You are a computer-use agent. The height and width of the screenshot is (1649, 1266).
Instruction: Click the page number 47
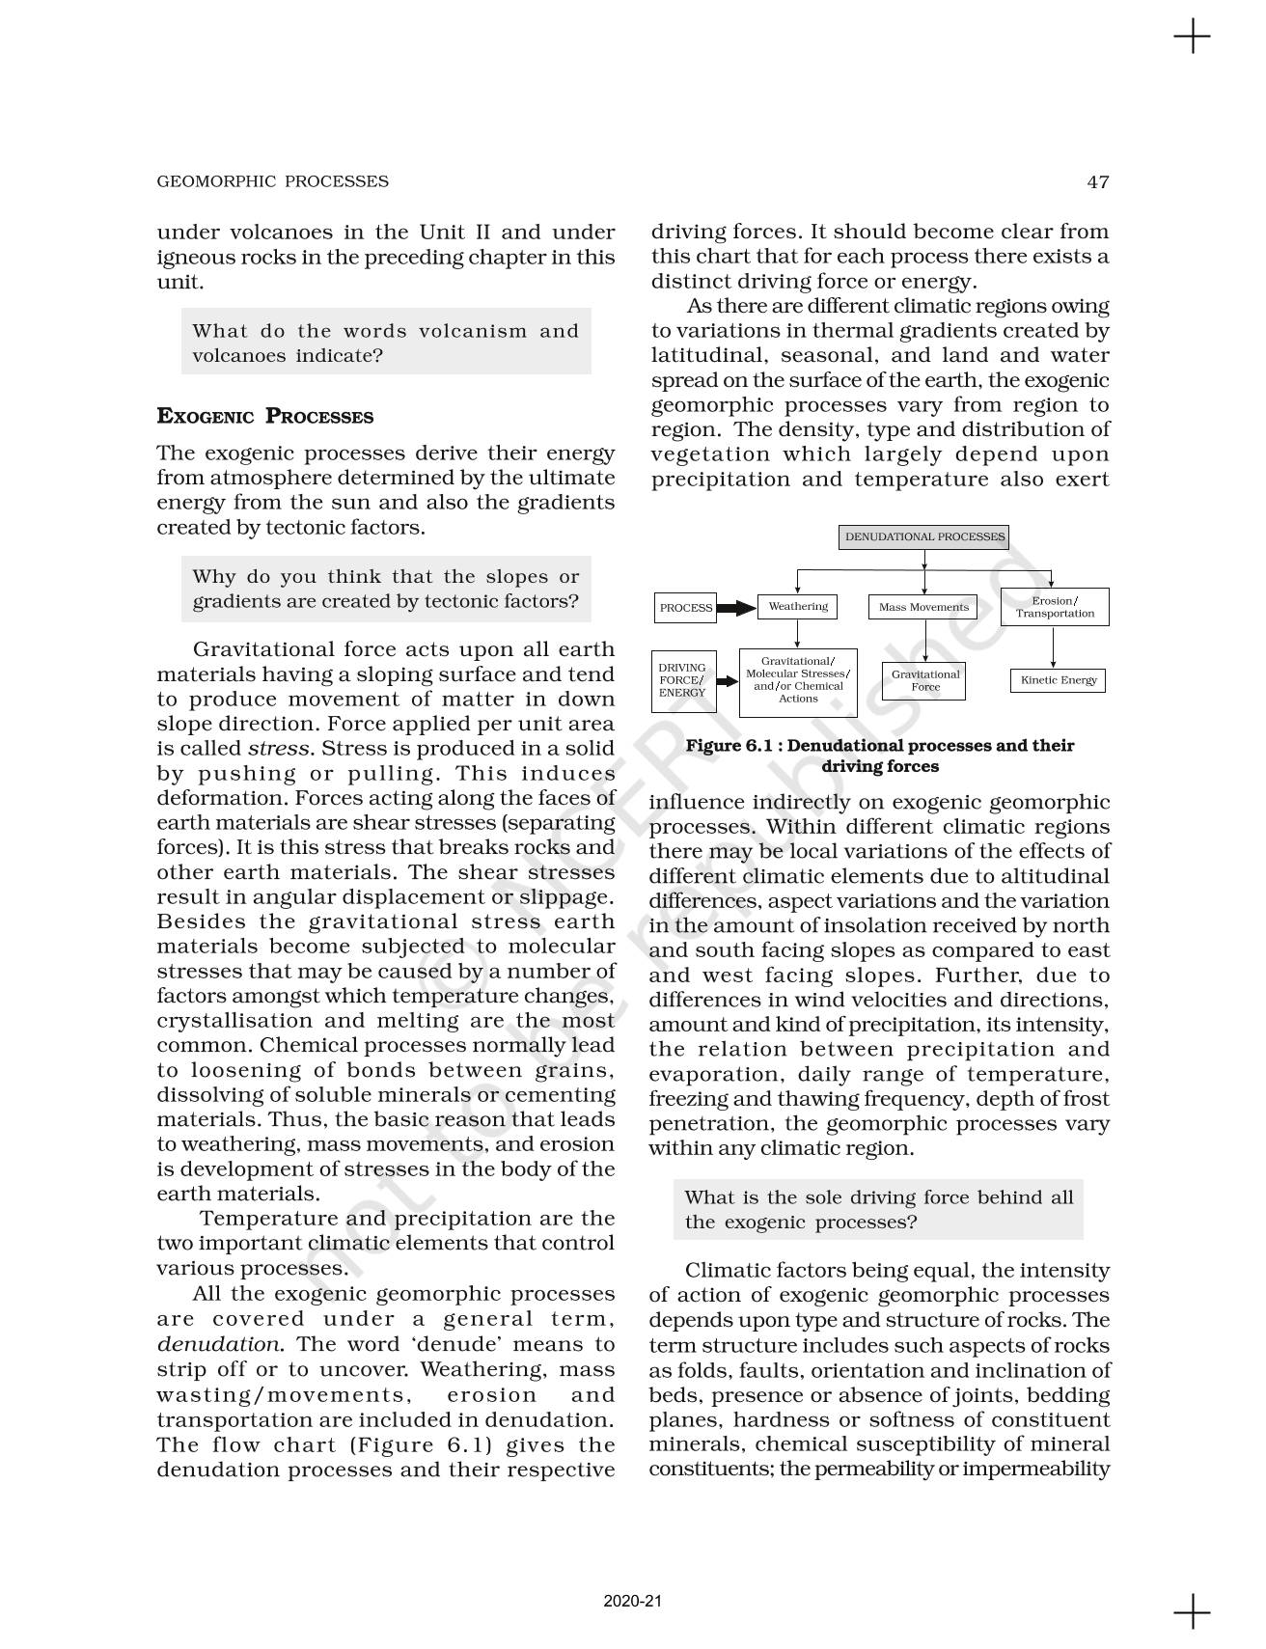click(1097, 181)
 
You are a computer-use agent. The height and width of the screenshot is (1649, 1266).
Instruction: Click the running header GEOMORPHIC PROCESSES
click(272, 181)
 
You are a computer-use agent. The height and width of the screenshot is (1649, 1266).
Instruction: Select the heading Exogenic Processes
click(264, 417)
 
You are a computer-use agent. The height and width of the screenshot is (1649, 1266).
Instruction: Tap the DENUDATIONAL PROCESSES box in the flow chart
click(924, 537)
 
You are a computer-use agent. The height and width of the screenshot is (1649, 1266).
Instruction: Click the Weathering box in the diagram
click(797, 607)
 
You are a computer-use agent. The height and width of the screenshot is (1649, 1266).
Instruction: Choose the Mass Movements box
click(923, 607)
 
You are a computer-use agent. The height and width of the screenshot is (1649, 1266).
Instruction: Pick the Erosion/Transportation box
click(1055, 607)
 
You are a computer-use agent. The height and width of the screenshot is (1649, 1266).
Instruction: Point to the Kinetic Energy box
click(1058, 680)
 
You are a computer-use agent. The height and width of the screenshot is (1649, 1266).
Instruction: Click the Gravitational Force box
click(924, 680)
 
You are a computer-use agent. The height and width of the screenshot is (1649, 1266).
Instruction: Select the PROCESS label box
click(685, 608)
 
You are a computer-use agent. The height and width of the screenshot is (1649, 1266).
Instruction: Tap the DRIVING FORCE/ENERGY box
click(683, 680)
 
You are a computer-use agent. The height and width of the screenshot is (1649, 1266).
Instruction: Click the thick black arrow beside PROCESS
click(736, 608)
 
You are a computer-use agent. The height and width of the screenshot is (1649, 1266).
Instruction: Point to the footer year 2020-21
click(632, 1602)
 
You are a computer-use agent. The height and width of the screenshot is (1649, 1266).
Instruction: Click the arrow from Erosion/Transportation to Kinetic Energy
click(1054, 646)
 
